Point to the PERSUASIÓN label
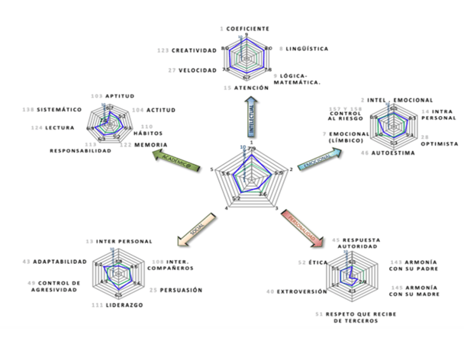(181, 290)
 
